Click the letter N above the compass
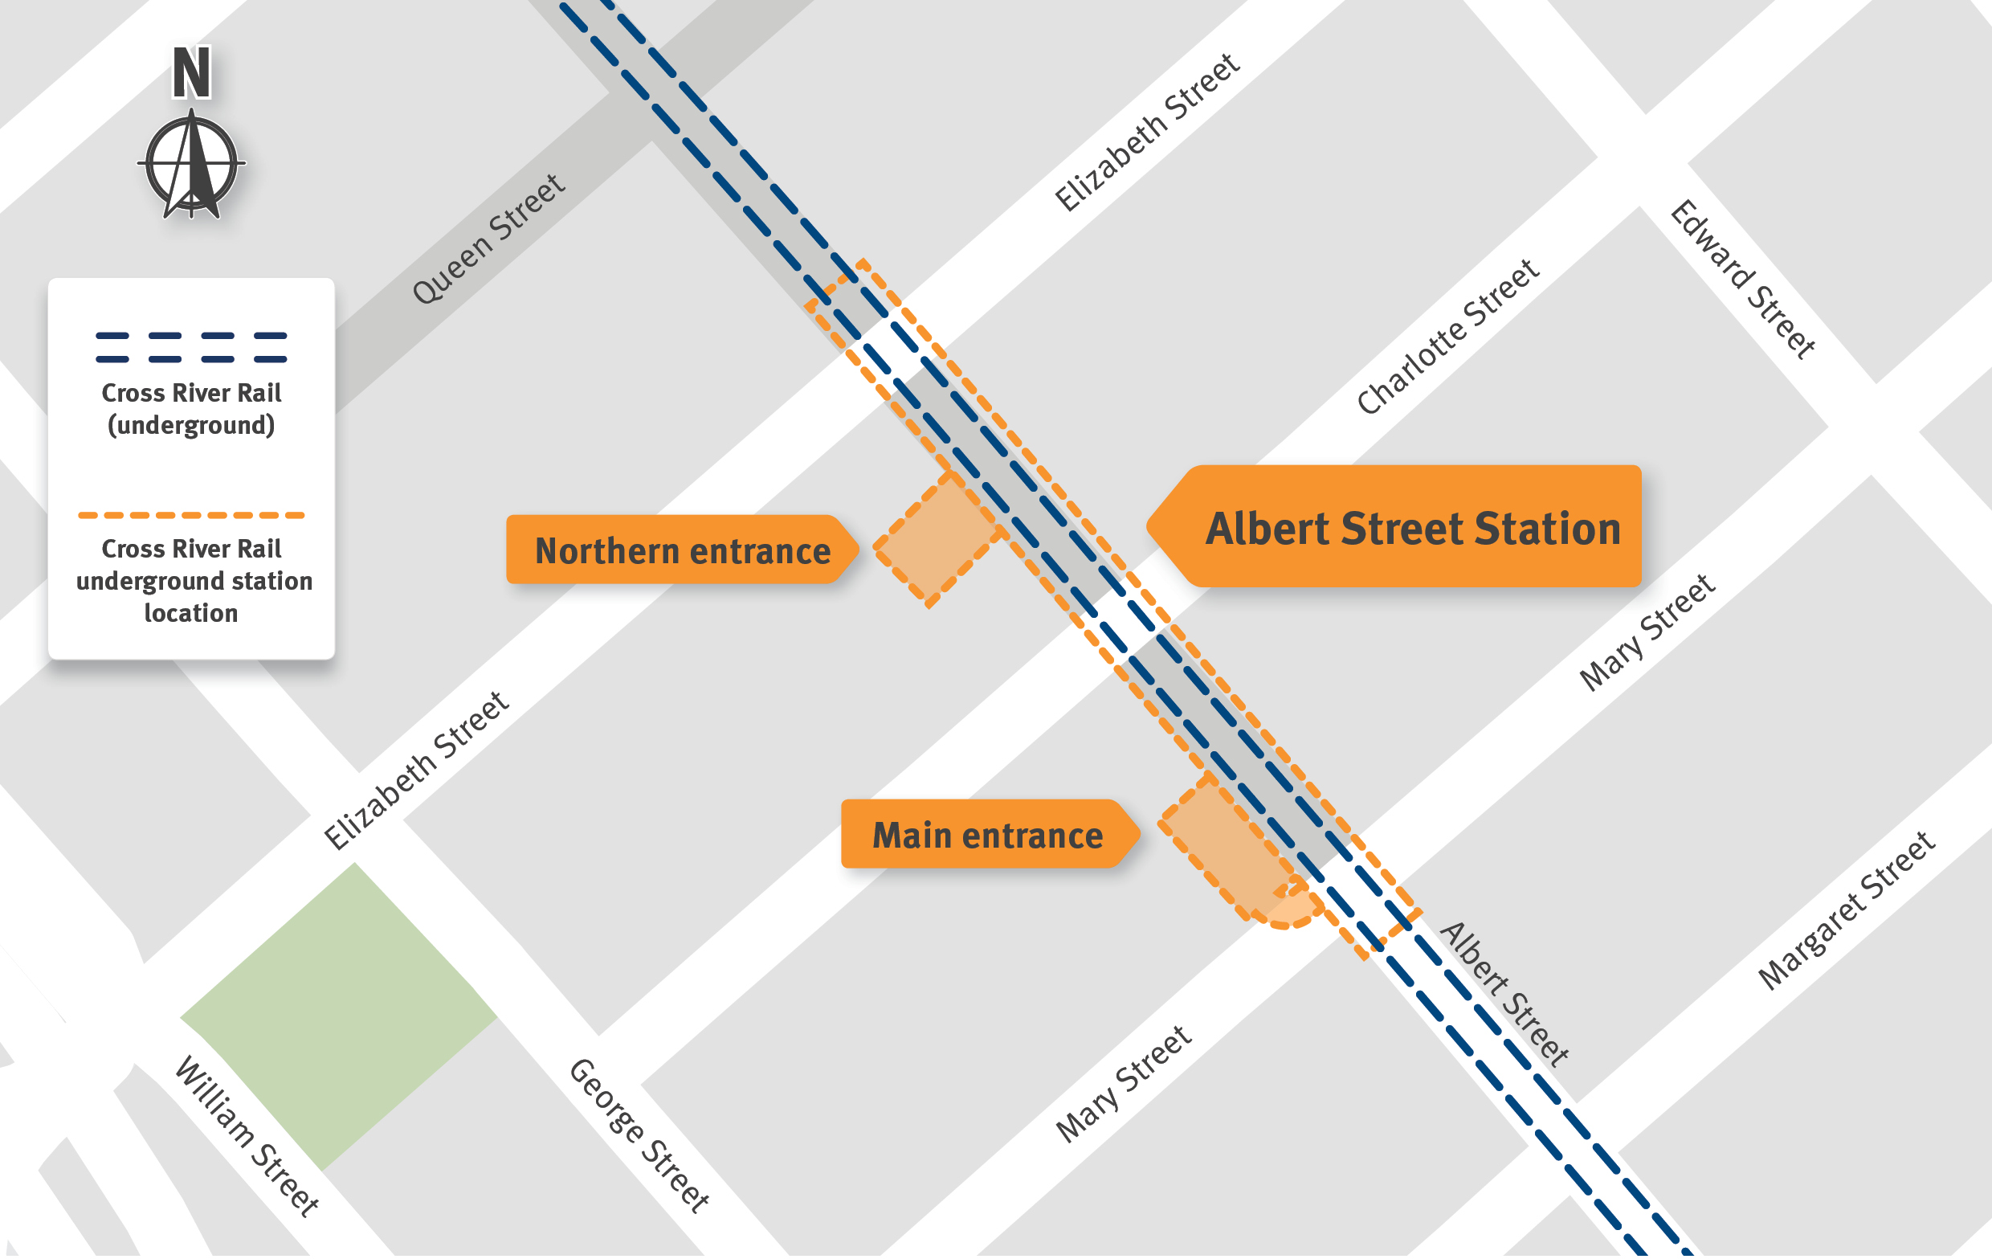pos(191,73)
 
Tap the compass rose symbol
pos(191,166)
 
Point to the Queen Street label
pos(488,239)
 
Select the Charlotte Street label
pos(1447,337)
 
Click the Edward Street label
pos(1742,280)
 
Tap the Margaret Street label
pos(1847,910)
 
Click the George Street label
pos(639,1136)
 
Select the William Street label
pos(247,1136)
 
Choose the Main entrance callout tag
pos(986,836)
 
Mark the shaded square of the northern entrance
pos(937,539)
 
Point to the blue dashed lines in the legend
pos(191,348)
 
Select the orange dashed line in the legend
pos(191,515)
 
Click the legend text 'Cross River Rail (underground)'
pos(191,409)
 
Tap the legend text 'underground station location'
pos(193,581)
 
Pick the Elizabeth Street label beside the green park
pos(415,771)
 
